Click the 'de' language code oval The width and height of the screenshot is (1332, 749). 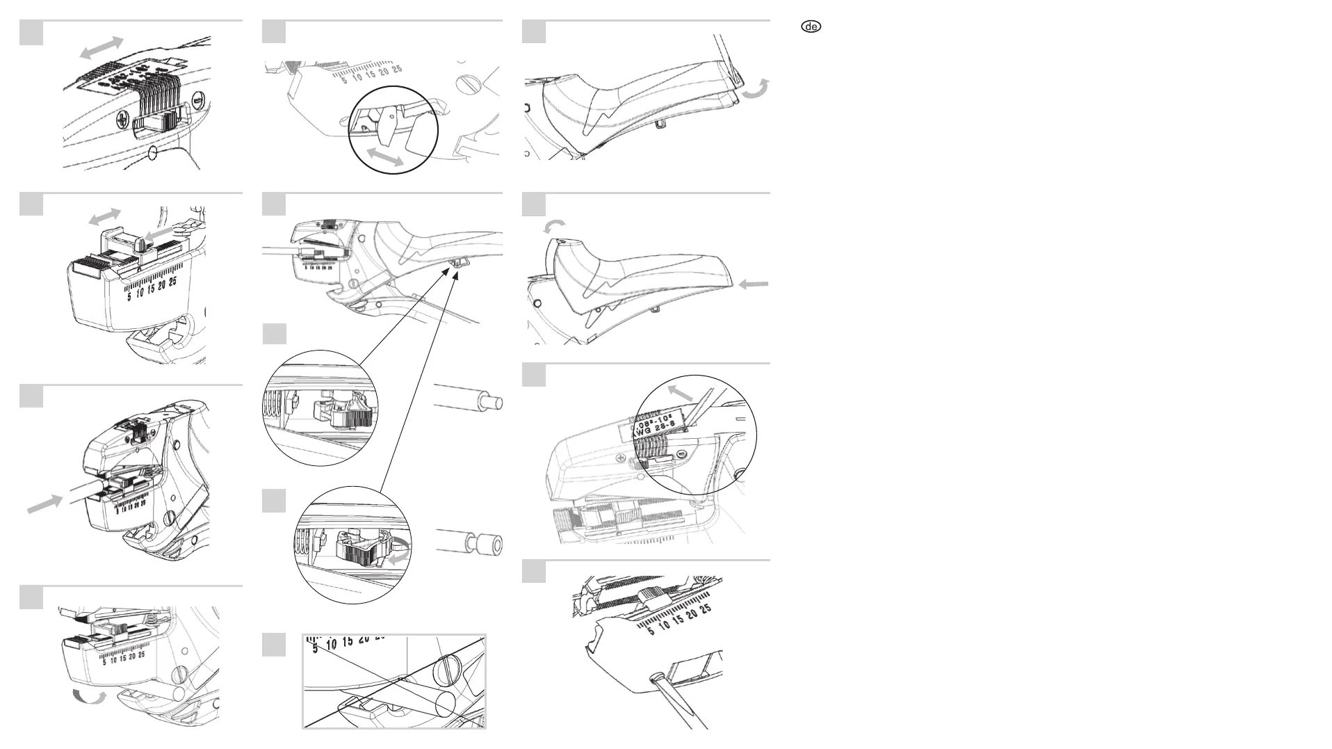coord(811,27)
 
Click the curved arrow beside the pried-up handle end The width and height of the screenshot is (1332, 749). coord(756,91)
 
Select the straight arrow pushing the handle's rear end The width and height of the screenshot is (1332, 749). coord(753,284)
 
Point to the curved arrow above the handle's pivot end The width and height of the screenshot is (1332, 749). coord(554,226)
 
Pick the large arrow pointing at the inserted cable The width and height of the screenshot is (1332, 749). coord(45,504)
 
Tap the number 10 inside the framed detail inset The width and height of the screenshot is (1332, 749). coord(332,644)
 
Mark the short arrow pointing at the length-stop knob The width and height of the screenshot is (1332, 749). coord(159,237)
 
